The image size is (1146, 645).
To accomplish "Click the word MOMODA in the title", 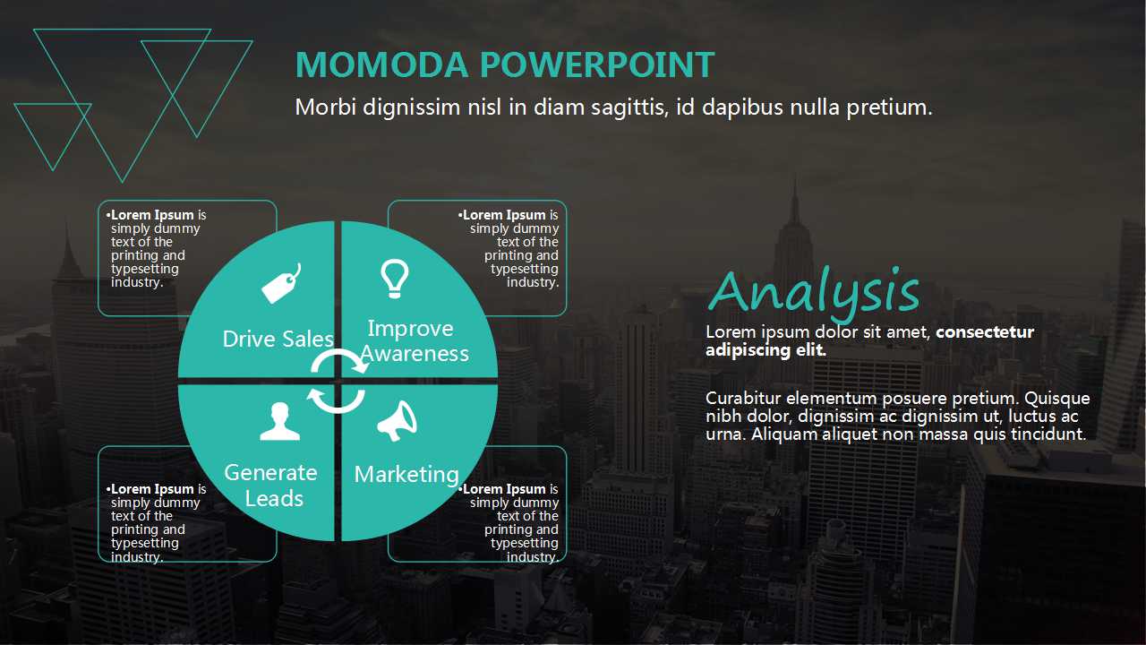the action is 381,64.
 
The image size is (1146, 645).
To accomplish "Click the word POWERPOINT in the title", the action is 596,64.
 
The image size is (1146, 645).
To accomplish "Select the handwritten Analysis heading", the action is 814,292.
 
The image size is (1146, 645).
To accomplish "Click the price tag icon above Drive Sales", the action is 280,284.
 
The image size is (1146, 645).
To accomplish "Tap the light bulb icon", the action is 395,279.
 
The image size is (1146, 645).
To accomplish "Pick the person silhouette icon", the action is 279,421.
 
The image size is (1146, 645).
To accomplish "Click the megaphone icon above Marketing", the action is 398,421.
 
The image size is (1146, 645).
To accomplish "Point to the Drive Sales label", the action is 278,339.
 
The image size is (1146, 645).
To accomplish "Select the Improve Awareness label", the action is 414,341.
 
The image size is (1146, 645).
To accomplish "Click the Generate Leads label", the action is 271,486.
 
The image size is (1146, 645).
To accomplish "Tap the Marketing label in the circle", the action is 406,475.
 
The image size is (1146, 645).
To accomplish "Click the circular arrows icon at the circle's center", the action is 338,382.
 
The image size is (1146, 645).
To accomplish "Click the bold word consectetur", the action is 985,331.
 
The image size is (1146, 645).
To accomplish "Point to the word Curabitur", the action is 743,398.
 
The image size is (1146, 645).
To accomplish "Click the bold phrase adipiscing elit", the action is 765,350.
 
